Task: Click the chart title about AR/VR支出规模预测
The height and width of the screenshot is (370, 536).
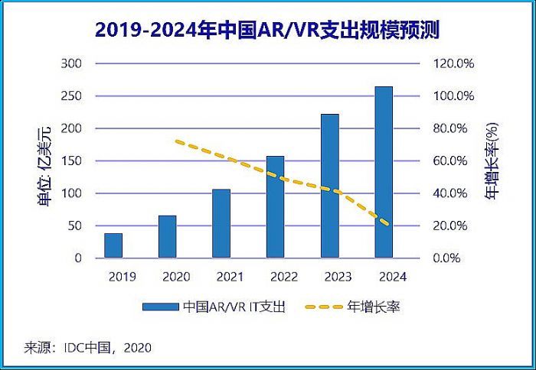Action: (267, 30)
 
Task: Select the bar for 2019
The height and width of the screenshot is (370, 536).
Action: (113, 245)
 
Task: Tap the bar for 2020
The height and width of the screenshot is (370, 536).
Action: (167, 236)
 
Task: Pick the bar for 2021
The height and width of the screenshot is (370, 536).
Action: (221, 223)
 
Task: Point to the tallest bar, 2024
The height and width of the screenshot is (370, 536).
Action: (384, 172)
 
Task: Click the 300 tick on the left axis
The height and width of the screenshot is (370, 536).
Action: (71, 63)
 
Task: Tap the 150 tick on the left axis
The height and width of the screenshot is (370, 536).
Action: (71, 161)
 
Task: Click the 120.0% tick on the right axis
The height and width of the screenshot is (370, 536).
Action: (455, 63)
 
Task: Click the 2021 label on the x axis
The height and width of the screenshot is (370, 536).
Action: (221, 277)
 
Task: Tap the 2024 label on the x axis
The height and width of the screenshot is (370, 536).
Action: (384, 277)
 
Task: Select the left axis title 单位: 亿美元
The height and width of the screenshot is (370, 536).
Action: (44, 161)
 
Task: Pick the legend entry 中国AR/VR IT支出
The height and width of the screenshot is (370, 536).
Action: (214, 307)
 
